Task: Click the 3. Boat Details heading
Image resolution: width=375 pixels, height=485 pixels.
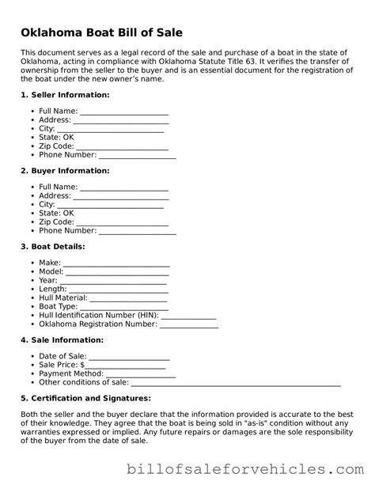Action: pyautogui.click(x=57, y=247)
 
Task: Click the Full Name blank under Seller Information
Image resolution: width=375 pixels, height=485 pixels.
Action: pyautogui.click(x=124, y=111)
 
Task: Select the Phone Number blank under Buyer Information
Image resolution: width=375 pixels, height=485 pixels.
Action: pyautogui.click(x=137, y=231)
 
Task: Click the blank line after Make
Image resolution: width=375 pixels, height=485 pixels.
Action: pyautogui.click(x=116, y=263)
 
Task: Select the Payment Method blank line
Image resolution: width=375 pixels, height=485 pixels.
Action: pyautogui.click(x=130, y=373)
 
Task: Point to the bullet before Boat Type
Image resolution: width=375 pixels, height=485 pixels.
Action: pyautogui.click(x=32, y=306)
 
